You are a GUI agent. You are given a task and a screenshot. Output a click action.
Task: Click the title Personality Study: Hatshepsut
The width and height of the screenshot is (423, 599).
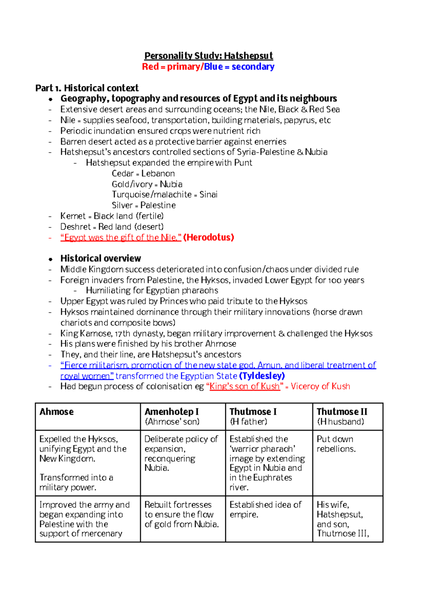pos(208,56)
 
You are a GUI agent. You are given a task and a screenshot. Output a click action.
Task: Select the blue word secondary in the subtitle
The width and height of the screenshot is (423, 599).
pos(253,67)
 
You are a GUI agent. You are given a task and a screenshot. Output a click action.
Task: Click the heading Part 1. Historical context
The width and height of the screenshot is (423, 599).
pos(87,88)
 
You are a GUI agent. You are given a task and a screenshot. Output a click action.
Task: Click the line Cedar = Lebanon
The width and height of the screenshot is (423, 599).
pos(143,173)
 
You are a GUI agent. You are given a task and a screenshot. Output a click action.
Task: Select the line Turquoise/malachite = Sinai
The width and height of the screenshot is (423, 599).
pos(164,195)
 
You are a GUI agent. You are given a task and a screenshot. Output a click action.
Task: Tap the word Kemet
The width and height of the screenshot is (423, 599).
pos(73,216)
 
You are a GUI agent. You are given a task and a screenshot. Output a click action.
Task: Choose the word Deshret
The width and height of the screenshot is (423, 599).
pos(75,227)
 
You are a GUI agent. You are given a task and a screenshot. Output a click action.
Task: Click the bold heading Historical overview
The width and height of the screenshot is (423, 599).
pos(100,258)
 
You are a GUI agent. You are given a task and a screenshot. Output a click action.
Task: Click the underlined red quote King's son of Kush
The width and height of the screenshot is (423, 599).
pos(244,386)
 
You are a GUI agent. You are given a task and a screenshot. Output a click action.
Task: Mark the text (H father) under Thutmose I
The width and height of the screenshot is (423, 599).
pos(248,422)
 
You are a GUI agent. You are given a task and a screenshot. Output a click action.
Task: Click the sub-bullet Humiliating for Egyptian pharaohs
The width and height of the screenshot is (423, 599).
pos(152,291)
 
